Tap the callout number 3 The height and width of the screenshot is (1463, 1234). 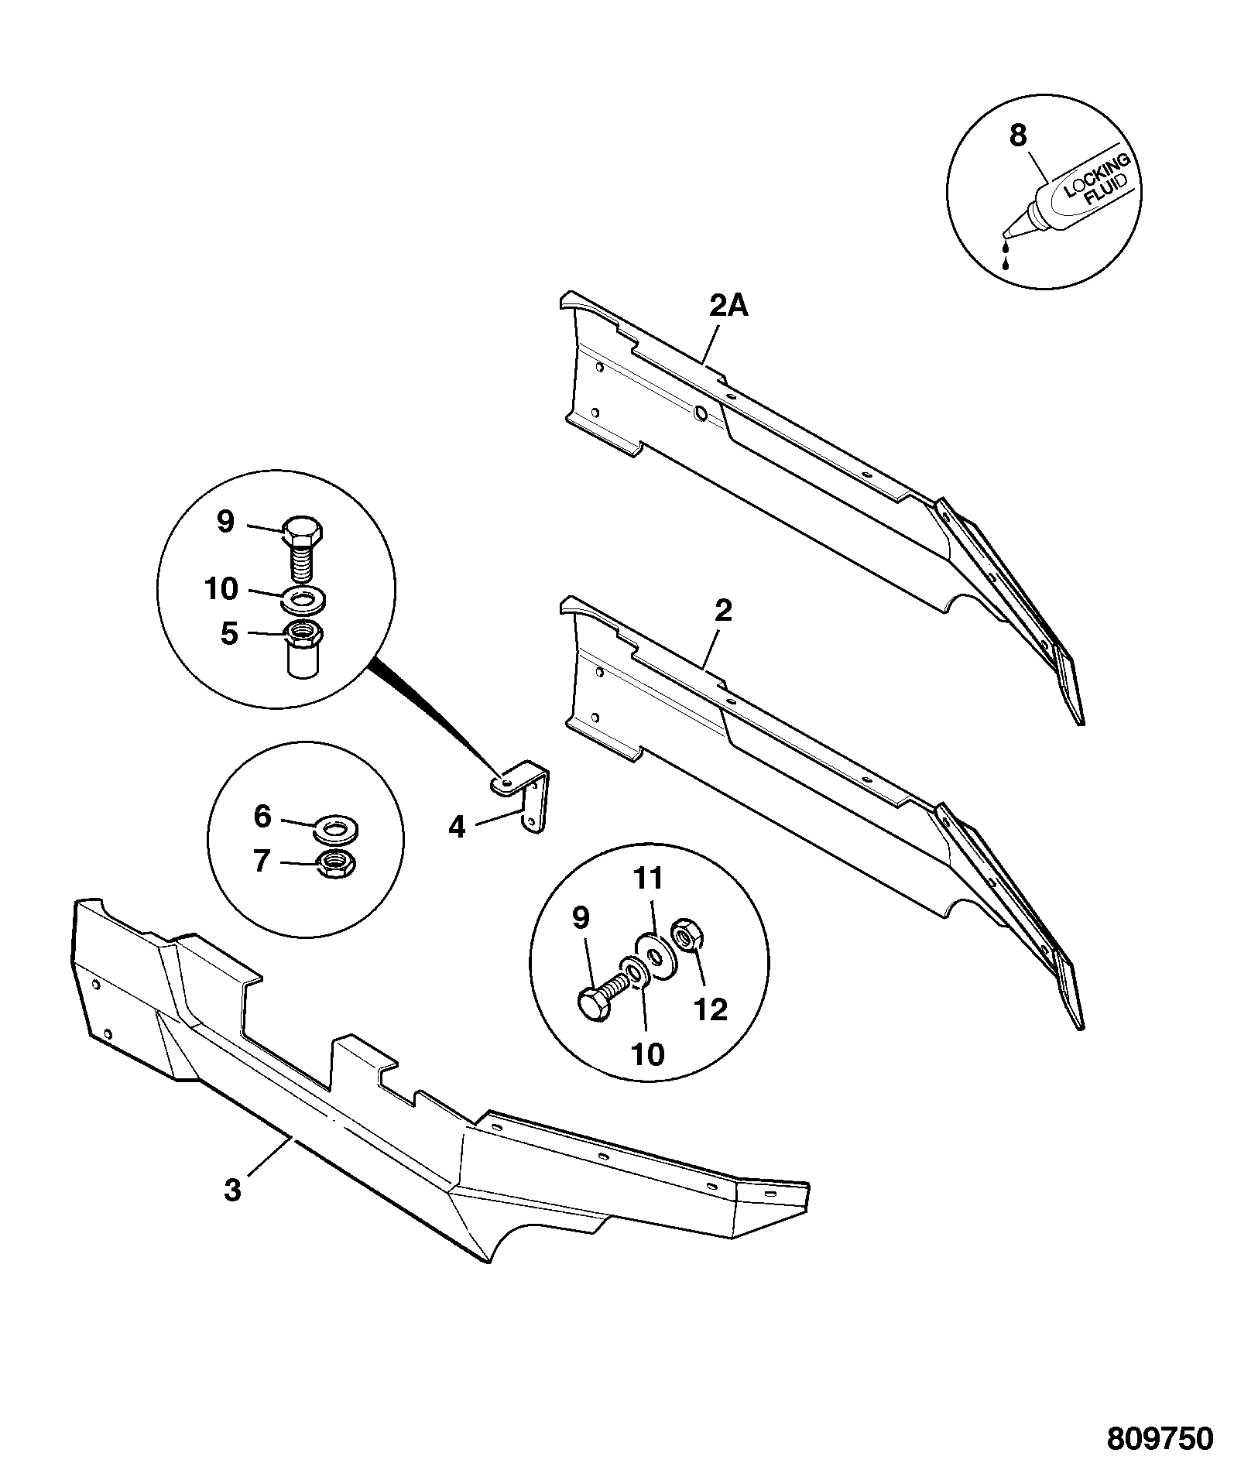(x=233, y=1211)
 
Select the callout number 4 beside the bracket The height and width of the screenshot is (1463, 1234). (x=458, y=827)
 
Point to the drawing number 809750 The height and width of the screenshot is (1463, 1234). (x=1159, y=1437)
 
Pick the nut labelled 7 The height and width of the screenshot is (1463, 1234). (x=335, y=862)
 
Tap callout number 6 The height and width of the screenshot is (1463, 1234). (x=262, y=817)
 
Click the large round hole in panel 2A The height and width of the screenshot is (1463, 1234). (x=700, y=414)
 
